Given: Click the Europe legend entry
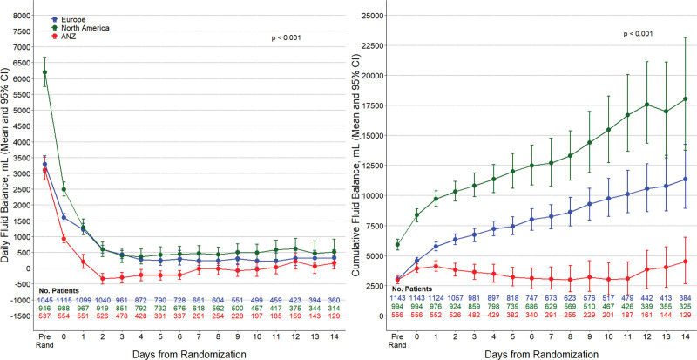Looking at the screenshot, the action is point(68,19).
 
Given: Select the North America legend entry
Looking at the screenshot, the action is point(80,28).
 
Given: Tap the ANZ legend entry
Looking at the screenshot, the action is point(64,36).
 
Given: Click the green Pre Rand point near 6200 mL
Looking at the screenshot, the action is point(44,72).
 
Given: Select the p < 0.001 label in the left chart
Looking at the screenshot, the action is point(287,37).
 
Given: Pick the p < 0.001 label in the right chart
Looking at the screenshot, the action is point(639,33).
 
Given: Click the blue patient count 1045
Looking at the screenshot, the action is point(45,300).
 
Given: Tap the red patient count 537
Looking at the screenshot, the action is point(45,316).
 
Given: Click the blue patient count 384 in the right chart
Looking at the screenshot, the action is point(685,298).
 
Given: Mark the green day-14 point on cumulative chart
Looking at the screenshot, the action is point(685,98).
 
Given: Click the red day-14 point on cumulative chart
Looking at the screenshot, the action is point(685,262).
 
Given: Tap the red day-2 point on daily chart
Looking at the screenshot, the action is point(103,279).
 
